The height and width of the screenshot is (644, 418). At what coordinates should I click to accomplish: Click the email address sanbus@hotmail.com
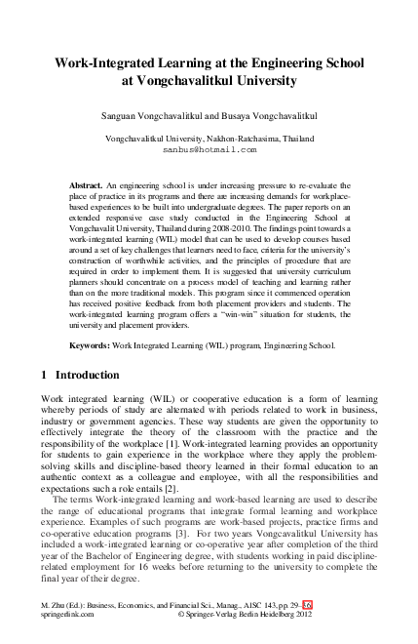pyautogui.click(x=209, y=151)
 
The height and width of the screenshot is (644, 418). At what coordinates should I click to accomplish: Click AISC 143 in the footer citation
pyautogui.click(x=285, y=606)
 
